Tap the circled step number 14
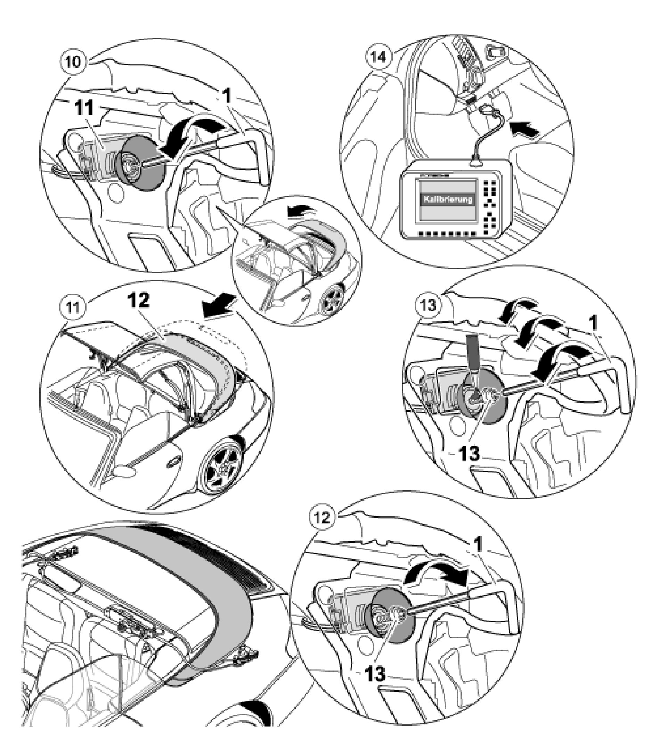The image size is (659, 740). coord(378,57)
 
